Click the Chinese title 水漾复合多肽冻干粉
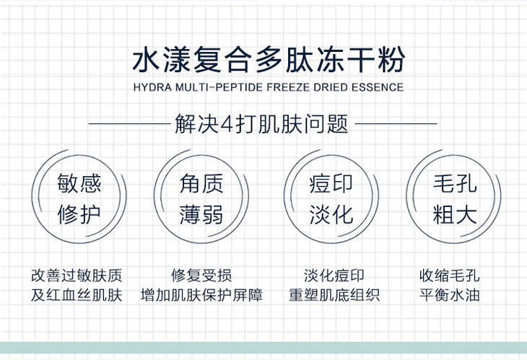(x=269, y=60)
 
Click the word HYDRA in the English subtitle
(x=153, y=87)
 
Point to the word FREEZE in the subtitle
(x=288, y=87)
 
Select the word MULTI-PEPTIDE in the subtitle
(x=219, y=87)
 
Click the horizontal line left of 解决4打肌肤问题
(x=129, y=123)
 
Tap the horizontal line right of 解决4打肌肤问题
(x=396, y=123)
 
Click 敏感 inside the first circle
(x=79, y=183)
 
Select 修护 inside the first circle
(x=79, y=214)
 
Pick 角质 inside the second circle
(x=201, y=183)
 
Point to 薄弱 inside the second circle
(x=201, y=214)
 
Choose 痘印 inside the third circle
(x=331, y=183)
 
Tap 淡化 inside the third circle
(x=331, y=214)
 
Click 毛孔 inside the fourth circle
(x=455, y=183)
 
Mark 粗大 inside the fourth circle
(x=455, y=214)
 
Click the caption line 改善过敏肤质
(x=77, y=276)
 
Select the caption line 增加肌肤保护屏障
(x=201, y=295)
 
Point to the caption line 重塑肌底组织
(x=334, y=295)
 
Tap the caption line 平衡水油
(x=449, y=295)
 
